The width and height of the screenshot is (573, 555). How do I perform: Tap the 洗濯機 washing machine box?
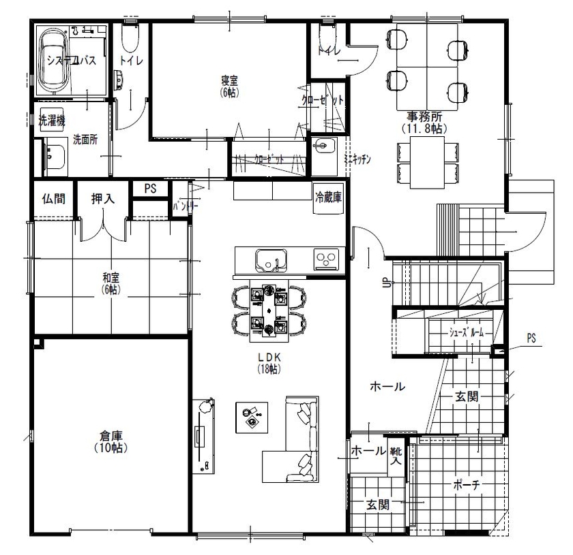51,121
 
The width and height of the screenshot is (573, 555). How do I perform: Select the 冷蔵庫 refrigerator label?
327,197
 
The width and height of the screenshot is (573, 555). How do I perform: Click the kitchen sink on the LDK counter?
271,259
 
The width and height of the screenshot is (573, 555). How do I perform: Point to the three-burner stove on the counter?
326,259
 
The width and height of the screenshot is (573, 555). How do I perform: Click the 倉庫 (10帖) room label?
110,442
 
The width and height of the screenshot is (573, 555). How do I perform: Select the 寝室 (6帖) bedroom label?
229,85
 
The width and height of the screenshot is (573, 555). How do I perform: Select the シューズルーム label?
466,333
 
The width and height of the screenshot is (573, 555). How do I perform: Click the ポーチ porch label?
467,485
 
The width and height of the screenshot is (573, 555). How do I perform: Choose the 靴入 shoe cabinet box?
396,456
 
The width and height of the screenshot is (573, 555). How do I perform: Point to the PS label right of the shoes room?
531,338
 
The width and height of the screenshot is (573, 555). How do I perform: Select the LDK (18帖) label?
269,363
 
